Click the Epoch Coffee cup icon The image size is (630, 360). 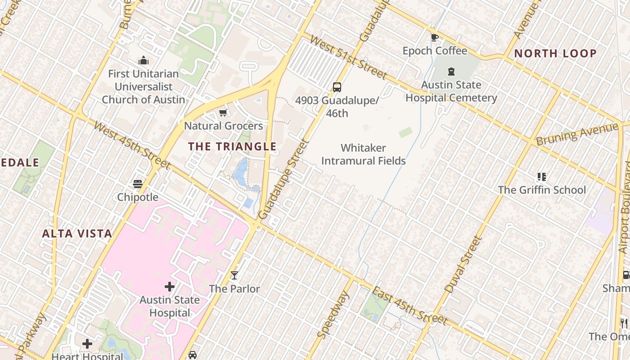pos(434,38)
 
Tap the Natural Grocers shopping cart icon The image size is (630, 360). pos(223,112)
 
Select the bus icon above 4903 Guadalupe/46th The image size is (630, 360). pos(337,87)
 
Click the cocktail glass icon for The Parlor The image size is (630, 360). pos(234,275)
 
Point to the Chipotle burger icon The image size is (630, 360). pos(138,184)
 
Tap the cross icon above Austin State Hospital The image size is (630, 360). pos(170,287)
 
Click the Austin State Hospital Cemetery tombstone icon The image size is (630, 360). pos(451,72)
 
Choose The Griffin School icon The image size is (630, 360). pos(541,177)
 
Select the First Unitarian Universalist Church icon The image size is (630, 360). pos(144,60)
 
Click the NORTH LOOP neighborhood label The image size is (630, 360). pos(555,54)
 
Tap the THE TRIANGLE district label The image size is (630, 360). pos(232,146)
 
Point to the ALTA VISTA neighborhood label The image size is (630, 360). pos(77,234)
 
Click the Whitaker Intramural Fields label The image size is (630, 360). pos(364,154)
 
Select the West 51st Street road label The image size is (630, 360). pos(348,58)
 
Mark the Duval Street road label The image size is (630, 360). pos(463,265)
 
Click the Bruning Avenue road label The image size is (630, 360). pos(577,134)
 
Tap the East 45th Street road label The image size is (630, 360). pos(410,306)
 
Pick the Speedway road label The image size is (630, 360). pos(333,315)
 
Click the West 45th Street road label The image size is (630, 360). pos(132,145)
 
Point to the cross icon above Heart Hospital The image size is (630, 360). pos(87,344)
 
